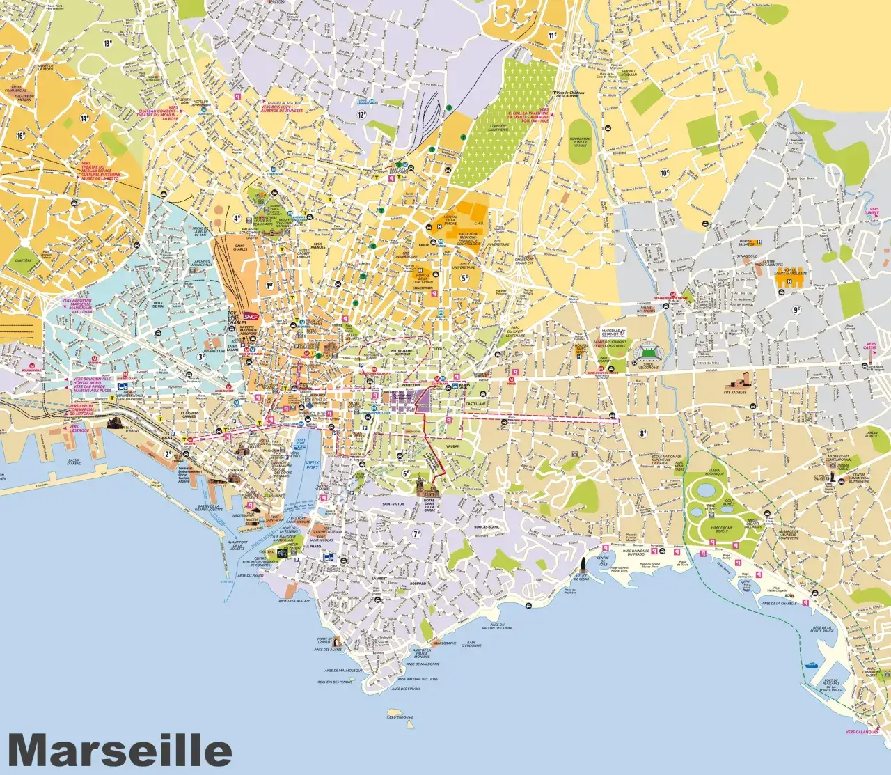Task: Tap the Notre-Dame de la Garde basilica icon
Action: pos(425,485)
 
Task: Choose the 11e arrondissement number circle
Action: pos(553,34)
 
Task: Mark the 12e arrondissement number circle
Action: pos(361,115)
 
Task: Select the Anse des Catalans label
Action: pos(294,600)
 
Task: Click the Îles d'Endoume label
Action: pos(400,717)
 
